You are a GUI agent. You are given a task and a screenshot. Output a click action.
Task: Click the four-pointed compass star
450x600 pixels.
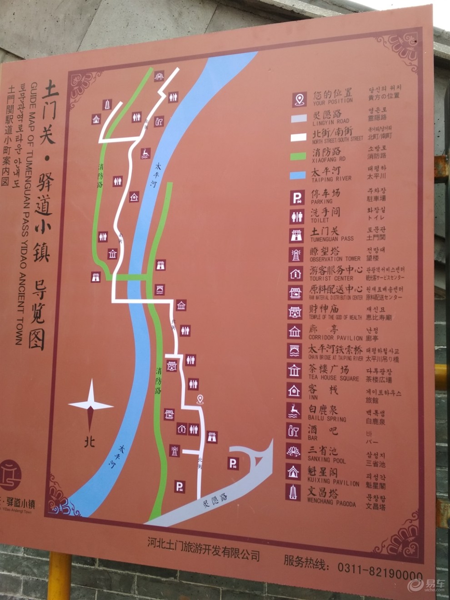(90, 405)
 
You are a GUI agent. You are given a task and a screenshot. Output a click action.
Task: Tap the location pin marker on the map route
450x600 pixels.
(200, 399)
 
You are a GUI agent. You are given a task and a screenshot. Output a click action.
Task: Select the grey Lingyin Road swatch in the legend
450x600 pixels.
(299, 119)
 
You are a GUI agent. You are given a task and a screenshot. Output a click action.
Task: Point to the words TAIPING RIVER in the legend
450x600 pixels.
(331, 179)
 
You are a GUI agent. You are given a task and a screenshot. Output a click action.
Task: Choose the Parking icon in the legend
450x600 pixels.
(297, 197)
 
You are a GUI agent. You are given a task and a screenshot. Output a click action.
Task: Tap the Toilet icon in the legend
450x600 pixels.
(297, 216)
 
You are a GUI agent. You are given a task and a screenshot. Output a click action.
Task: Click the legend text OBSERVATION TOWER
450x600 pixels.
(335, 259)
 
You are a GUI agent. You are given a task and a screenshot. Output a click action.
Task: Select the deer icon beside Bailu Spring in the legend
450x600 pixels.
(294, 410)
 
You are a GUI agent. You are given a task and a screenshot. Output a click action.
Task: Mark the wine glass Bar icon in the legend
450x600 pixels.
(294, 430)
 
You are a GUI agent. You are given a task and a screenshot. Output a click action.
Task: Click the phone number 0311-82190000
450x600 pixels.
(380, 571)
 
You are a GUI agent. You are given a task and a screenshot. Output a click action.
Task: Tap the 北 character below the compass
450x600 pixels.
(90, 441)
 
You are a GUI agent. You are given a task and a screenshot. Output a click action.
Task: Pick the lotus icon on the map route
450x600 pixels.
(159, 76)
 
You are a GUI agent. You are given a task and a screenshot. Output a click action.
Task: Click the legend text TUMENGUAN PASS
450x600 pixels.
(331, 239)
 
